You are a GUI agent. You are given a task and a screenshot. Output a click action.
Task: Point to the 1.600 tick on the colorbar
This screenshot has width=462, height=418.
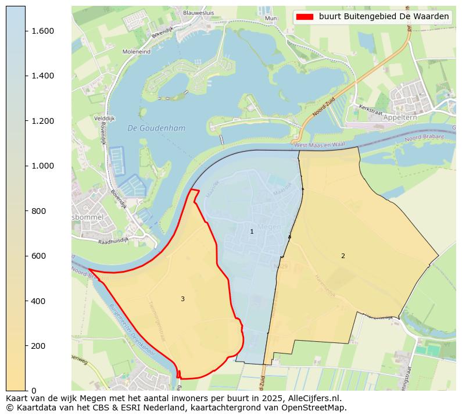click(x=42, y=31)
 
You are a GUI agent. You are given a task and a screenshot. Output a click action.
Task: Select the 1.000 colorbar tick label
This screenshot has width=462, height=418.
click(x=42, y=166)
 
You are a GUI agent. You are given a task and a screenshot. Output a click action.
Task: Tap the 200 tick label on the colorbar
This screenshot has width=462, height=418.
click(x=39, y=346)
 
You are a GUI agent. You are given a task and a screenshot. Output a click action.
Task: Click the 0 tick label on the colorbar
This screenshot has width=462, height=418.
click(x=34, y=391)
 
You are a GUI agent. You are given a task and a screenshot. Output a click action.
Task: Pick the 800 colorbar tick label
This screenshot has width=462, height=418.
click(x=39, y=211)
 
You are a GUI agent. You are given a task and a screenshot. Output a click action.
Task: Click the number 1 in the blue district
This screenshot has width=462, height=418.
click(x=252, y=231)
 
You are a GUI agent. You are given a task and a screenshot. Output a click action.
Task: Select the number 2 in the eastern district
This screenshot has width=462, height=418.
click(x=343, y=256)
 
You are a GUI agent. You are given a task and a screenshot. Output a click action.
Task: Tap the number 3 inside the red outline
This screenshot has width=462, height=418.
click(x=182, y=299)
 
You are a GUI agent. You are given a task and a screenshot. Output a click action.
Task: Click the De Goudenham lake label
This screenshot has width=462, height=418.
click(x=149, y=128)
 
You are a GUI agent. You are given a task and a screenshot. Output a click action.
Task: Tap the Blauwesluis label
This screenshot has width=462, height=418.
click(x=198, y=12)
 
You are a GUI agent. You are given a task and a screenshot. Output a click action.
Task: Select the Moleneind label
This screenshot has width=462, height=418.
click(x=137, y=52)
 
